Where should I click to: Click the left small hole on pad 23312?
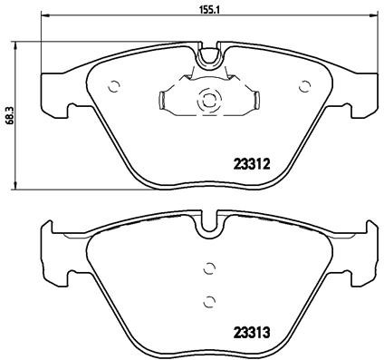[x=114, y=87]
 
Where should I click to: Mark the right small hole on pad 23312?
[x=302, y=87]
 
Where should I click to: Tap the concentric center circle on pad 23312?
[x=207, y=101]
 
